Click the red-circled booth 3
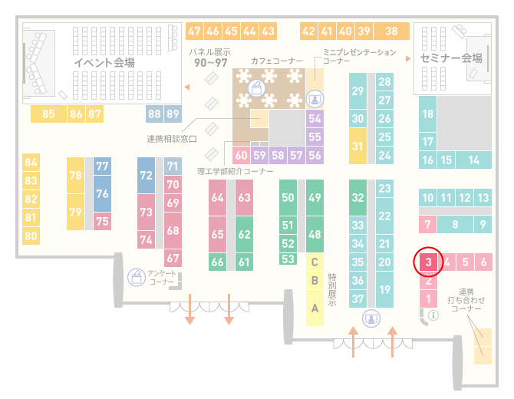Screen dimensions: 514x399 pyautogui.click(x=428, y=262)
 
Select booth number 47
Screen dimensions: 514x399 pyautogui.click(x=194, y=31)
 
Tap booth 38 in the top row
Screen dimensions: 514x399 pyautogui.click(x=392, y=31)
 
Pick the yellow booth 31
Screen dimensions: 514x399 pyautogui.click(x=357, y=146)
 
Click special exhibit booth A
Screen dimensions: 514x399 pyautogui.click(x=315, y=308)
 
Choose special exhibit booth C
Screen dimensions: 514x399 pyautogui.click(x=315, y=262)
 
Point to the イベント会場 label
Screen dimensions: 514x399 pyautogui.click(x=104, y=62)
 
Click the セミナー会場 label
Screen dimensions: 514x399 pyautogui.click(x=451, y=58)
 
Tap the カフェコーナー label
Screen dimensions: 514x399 pyautogui.click(x=277, y=61)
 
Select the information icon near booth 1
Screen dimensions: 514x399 pyautogui.click(x=433, y=315)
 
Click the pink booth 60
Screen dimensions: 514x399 pyautogui.click(x=241, y=155)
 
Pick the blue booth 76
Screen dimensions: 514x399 pyautogui.click(x=102, y=193)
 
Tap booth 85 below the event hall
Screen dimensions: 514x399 pyautogui.click(x=48, y=114)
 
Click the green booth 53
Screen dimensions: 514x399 pyautogui.click(x=288, y=259)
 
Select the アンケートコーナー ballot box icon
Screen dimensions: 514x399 pyautogui.click(x=137, y=277)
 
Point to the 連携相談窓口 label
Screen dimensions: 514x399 pyautogui.click(x=172, y=139)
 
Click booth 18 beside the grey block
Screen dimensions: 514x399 pyautogui.click(x=427, y=114)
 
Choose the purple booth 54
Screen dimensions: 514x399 pyautogui.click(x=315, y=118)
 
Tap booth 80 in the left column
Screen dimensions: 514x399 pyautogui.click(x=31, y=236)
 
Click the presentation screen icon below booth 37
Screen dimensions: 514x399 pyautogui.click(x=371, y=318)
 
